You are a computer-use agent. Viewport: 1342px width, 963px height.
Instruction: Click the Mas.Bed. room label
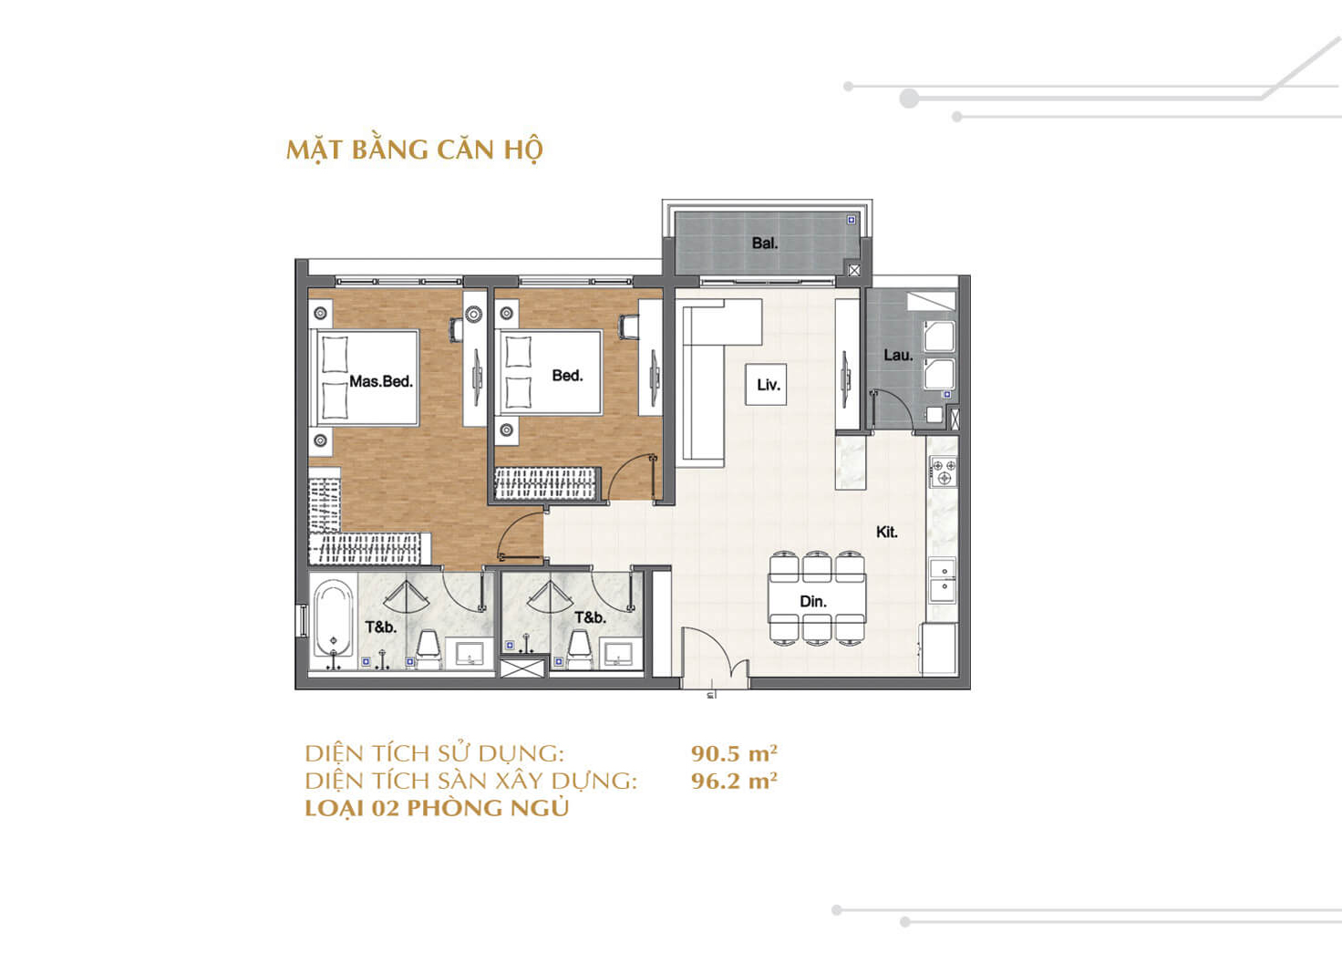coord(381,381)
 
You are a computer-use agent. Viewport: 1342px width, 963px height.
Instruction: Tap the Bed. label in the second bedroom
coord(566,376)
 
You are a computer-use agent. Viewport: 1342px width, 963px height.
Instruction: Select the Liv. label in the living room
coord(768,385)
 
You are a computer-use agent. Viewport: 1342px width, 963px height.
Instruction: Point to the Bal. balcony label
coord(764,243)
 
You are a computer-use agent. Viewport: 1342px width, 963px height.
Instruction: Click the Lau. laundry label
coord(897,356)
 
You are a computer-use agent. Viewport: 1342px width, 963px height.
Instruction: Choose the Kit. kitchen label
coord(886,532)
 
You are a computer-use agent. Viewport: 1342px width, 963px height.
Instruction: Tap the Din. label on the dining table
coord(812,602)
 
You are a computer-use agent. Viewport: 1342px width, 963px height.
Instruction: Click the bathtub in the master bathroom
coord(333,620)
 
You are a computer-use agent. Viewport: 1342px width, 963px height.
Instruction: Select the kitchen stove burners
coord(944,471)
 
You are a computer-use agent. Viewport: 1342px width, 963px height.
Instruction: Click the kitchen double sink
coord(943,581)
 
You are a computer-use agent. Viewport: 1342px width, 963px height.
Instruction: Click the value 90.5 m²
coord(734,753)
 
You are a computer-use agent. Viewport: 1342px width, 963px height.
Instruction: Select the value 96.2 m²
coord(734,781)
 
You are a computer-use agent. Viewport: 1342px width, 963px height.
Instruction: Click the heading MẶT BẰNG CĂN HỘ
coord(414,150)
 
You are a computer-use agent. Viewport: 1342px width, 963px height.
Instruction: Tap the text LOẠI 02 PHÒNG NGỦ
coord(437,808)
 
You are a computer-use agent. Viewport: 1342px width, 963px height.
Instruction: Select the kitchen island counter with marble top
coord(851,461)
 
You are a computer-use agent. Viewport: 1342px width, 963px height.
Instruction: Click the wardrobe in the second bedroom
coord(545,483)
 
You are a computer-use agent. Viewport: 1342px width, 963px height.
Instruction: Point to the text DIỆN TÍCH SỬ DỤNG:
coord(435,753)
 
